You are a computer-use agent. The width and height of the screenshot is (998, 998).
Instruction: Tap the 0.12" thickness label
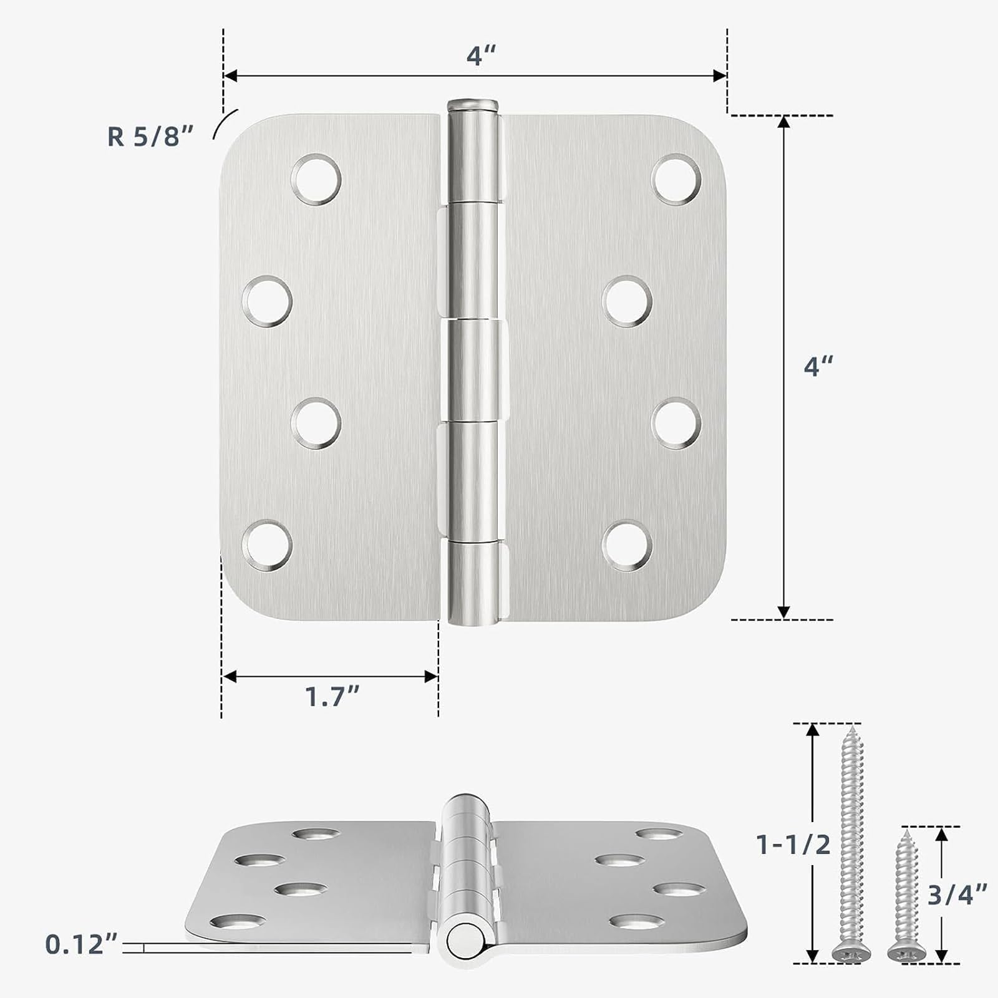click(82, 944)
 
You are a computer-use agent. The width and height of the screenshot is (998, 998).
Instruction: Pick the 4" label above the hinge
click(480, 56)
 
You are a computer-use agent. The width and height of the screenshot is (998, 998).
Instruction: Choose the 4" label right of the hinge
click(818, 366)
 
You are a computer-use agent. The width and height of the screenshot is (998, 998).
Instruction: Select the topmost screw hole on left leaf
click(317, 178)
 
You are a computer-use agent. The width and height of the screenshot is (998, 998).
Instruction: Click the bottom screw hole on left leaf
click(267, 546)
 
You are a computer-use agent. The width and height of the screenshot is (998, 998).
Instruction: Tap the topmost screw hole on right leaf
click(677, 178)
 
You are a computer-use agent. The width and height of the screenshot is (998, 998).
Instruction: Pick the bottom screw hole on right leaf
click(627, 546)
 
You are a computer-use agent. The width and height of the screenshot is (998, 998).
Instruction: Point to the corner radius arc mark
click(225, 122)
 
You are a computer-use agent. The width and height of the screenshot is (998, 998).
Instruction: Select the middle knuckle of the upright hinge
click(474, 371)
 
